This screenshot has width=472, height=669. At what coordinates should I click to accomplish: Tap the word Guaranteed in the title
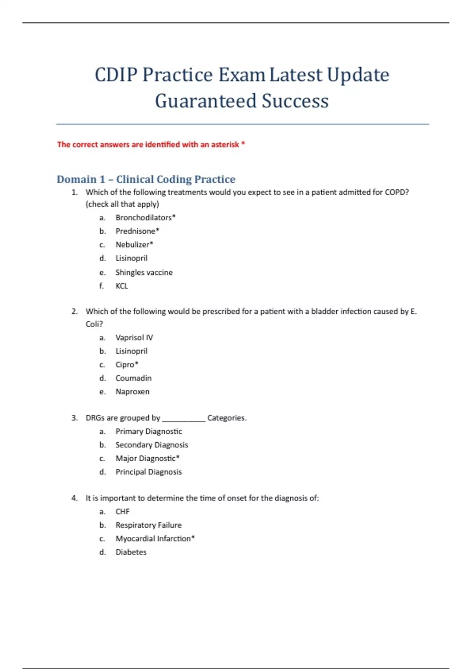click(205, 101)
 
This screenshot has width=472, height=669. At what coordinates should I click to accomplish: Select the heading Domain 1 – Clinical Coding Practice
click(146, 179)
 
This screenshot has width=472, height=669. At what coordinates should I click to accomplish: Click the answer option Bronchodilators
click(145, 218)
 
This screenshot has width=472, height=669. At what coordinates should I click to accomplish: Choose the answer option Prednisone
click(137, 231)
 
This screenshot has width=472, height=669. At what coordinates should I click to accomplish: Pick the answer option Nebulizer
click(134, 244)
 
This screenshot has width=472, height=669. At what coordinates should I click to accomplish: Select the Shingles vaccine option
click(144, 272)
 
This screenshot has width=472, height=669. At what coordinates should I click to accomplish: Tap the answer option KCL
click(122, 286)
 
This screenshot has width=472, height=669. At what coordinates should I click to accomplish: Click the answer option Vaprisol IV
click(134, 337)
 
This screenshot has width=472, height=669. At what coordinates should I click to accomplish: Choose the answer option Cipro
click(126, 364)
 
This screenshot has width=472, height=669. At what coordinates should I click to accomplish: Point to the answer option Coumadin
click(133, 378)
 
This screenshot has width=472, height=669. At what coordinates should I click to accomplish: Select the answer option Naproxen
click(133, 392)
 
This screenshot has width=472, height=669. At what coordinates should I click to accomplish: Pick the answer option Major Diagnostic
click(147, 458)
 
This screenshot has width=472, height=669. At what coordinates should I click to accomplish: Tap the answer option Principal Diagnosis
click(149, 472)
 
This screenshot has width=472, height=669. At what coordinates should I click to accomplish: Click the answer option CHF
click(122, 512)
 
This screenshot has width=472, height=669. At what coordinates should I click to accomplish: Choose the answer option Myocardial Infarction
click(155, 538)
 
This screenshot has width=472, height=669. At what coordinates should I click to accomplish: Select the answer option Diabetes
click(131, 552)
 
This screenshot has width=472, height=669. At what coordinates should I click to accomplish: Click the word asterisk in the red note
click(225, 144)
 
